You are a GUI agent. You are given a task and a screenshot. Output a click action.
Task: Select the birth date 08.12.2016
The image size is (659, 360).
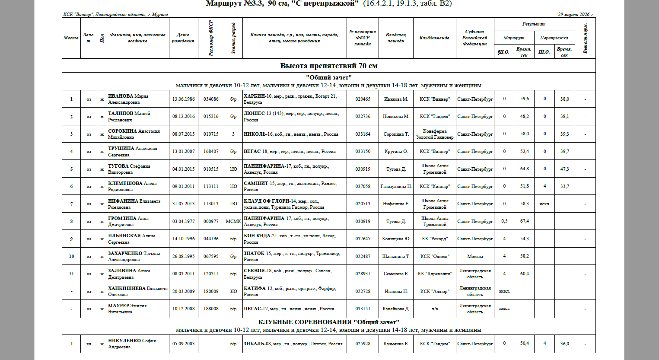coord(183,117)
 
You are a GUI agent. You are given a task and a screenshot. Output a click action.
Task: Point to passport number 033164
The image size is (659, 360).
coord(363,134)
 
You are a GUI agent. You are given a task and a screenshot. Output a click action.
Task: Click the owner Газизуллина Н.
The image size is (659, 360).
coord(396,186)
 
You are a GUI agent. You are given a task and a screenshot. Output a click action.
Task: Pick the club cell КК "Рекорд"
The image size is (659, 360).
coord(434,239)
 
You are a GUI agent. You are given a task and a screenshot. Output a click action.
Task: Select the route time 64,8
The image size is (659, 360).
coord(524,169)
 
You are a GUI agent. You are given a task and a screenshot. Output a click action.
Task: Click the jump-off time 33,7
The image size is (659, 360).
coord(564,186)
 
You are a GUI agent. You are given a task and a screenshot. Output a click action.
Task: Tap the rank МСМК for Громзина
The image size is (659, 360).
coord(233,221)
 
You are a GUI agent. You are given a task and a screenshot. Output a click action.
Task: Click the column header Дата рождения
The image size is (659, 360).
coord(183,38)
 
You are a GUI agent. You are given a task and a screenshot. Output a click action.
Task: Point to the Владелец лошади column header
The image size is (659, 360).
coord(396,38)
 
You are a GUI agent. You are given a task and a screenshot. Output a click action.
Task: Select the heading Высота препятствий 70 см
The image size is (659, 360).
coord(328,66)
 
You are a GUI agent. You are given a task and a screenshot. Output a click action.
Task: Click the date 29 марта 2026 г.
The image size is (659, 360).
coord(576,14)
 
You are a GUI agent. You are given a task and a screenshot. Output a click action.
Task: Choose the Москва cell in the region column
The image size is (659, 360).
coord(474,256)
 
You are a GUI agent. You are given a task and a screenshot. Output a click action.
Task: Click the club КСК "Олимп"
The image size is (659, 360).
coord(434,256)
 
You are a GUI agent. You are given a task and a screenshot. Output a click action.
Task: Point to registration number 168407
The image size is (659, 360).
coord(211,152)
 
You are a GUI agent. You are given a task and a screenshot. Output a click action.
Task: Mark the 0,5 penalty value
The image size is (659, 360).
coord(504,221)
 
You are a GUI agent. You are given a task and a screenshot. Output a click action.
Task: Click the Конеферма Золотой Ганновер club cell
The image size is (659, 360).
coord(434,134)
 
